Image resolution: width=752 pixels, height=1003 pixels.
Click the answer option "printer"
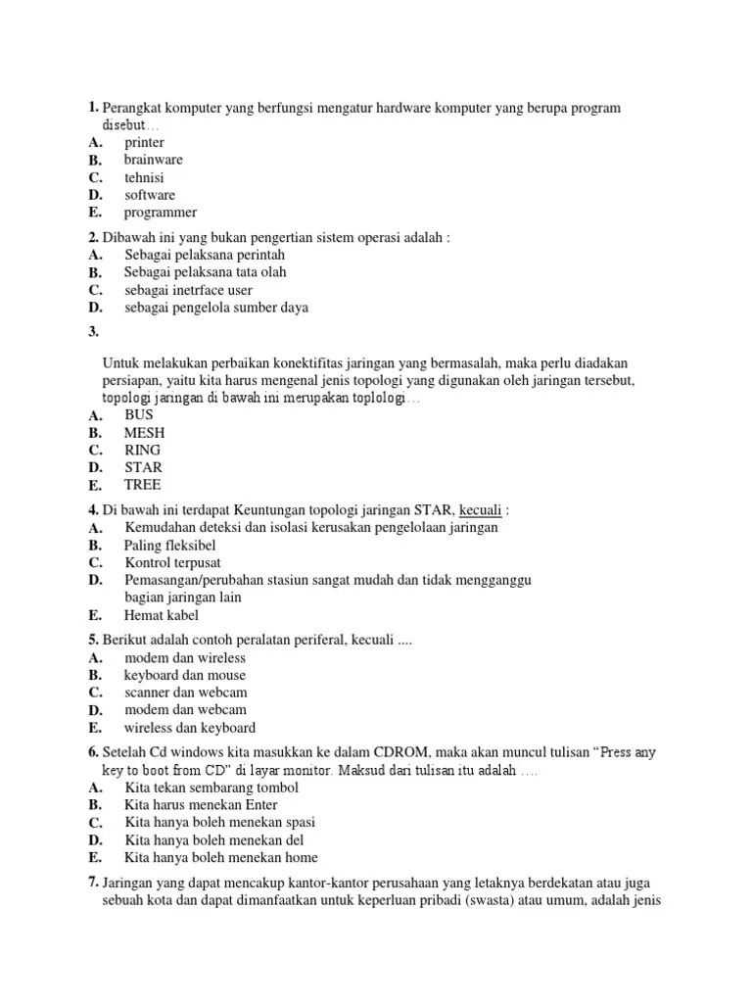point(144,142)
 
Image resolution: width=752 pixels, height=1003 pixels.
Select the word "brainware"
point(153,160)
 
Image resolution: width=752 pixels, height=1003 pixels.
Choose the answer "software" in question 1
point(150,195)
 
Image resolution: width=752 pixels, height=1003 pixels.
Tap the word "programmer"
point(160,213)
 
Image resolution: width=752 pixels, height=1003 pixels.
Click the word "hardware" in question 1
point(414,108)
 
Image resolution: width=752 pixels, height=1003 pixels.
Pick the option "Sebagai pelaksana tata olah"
point(206,272)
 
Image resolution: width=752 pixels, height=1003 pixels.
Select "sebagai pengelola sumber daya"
point(216,308)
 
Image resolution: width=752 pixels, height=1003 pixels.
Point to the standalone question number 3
point(93,332)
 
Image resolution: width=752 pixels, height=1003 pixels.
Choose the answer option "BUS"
point(140,414)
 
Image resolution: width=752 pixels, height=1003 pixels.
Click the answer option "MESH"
point(144,432)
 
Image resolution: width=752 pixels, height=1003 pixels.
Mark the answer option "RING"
point(143,450)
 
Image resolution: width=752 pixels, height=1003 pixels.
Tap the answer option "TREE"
point(143,485)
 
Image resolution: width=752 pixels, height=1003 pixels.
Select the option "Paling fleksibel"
point(170,545)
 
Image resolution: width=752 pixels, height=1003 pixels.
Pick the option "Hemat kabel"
point(162,615)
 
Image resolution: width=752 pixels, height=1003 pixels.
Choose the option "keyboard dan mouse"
point(185,675)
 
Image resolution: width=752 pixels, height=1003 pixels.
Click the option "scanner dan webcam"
point(185,693)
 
